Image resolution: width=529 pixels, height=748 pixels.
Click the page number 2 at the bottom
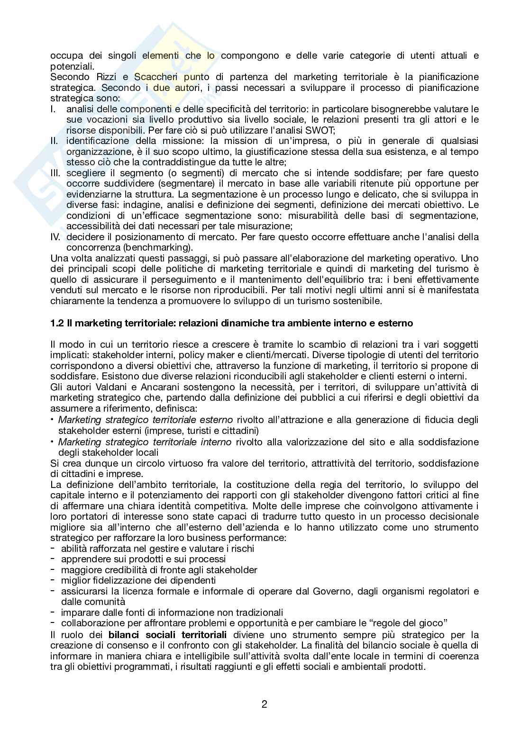coord(264,704)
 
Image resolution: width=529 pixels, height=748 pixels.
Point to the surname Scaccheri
coord(154,77)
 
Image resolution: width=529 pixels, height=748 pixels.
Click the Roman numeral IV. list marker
coord(56,237)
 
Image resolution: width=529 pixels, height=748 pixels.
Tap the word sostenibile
coord(356,300)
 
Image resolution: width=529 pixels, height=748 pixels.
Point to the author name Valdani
coord(102,387)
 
